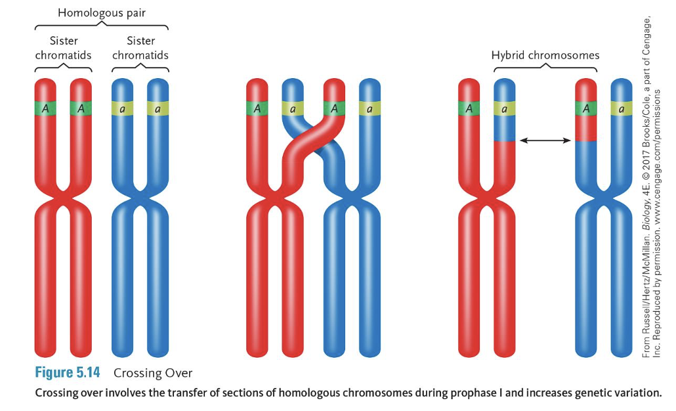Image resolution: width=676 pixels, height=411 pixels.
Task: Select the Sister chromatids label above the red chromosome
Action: pos(64,48)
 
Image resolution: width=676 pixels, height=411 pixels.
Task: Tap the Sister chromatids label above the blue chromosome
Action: pos(140,48)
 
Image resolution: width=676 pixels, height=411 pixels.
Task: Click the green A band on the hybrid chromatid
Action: pos(585,108)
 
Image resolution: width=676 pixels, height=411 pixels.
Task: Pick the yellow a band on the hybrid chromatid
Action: pos(504,108)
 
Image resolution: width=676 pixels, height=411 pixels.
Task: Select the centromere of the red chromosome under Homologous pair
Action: pos(63,196)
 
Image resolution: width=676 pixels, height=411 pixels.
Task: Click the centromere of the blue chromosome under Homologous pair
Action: pos(140,196)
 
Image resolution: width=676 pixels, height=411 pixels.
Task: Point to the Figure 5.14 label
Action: pos(67,373)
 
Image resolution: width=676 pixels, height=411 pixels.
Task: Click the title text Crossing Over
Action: pos(153,374)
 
